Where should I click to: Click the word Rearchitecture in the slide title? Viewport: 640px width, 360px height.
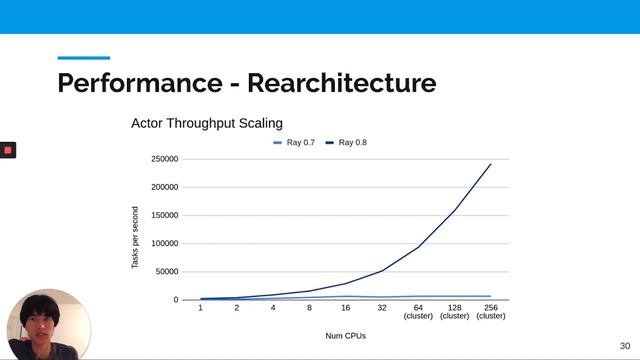(342, 82)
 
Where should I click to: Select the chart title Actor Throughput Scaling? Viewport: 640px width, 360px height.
(207, 123)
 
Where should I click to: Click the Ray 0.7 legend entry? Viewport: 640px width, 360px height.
(295, 143)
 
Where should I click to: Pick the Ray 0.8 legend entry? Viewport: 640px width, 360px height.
(347, 143)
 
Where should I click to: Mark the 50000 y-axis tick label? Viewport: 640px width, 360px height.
(165, 271)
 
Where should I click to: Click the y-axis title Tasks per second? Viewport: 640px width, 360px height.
(136, 237)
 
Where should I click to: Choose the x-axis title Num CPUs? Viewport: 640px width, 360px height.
(346, 336)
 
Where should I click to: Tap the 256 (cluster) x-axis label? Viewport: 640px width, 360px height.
(491, 311)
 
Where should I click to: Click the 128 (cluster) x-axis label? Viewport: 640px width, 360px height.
(455, 311)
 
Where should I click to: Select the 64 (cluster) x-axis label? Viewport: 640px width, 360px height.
(418, 311)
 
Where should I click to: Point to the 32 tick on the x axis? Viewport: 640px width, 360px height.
(382, 307)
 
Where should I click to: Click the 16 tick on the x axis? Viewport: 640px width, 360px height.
(346, 307)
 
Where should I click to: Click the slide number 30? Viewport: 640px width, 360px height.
(625, 345)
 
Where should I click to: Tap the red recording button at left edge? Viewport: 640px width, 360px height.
(8, 150)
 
